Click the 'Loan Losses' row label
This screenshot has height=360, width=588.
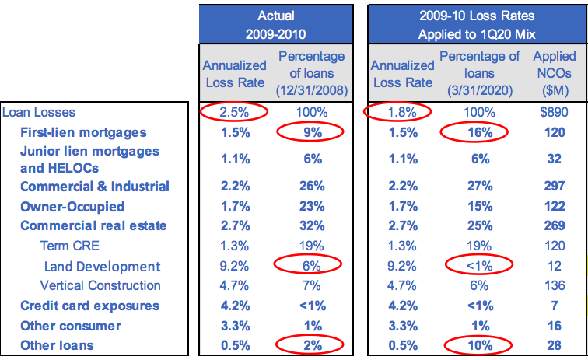(39, 112)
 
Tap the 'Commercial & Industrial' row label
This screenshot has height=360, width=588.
(94, 187)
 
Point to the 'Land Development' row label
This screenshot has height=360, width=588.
(102, 266)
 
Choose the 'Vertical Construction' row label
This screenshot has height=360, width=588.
(100, 285)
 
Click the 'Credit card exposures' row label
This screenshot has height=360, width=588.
(89, 306)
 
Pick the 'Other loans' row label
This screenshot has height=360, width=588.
(57, 345)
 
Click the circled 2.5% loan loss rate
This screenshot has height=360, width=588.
(234, 112)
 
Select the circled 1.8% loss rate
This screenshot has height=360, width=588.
(401, 112)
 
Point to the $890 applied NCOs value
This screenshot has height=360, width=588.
(554, 112)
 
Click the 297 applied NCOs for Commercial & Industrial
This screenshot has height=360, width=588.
(554, 187)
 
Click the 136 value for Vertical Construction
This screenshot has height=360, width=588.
(554, 285)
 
